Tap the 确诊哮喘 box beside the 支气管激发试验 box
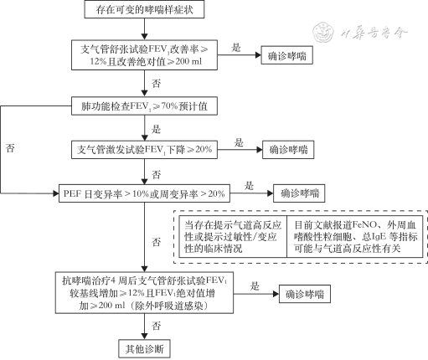tap(291, 150)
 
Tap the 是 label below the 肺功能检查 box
tap(156, 127)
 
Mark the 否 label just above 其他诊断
tap(156, 323)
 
